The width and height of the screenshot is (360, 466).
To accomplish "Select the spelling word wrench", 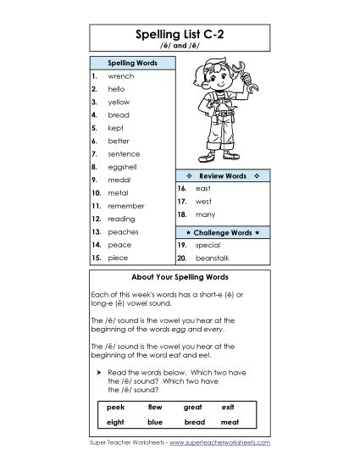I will pos(121,75).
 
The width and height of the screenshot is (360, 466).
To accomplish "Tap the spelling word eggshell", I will pos(124,167).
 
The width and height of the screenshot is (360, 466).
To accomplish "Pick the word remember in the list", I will pos(126,206).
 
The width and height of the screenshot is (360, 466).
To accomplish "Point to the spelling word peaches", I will pos(124,231).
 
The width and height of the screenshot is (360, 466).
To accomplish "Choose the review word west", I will pos(203,202).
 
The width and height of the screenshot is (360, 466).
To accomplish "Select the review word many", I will pos(204,216).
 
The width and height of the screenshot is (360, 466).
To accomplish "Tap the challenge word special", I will pos(208,243).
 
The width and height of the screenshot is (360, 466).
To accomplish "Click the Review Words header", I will pos(222,175).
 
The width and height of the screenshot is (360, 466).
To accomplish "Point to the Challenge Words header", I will pos(222,230).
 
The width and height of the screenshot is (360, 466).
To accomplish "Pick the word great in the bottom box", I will pos(194,407).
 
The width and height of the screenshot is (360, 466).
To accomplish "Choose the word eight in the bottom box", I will pos(116,421).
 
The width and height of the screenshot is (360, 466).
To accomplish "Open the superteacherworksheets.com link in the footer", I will pos(221,442).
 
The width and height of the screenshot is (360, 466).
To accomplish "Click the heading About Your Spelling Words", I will pos(180,277).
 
